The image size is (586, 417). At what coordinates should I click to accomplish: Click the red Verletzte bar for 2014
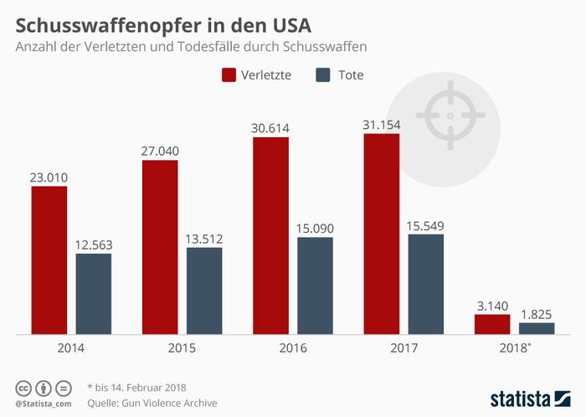49,260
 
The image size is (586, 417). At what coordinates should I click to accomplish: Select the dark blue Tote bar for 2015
204,291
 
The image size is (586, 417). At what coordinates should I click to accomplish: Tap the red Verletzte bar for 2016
270,235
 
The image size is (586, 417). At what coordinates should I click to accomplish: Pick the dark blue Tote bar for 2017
425,284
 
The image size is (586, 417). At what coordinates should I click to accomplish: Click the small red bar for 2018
492,324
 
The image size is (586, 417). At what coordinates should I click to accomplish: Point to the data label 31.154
381,124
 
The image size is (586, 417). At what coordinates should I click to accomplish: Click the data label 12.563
94,245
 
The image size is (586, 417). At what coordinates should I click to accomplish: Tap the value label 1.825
537,314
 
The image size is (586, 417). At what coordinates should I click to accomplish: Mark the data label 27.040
160,152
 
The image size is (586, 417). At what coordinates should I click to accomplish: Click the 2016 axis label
293,347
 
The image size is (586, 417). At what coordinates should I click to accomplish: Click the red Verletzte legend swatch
229,75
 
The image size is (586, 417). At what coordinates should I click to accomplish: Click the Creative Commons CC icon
24,387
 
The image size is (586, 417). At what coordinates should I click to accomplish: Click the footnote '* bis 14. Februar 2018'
136,387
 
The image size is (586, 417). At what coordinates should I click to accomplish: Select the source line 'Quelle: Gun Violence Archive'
152,403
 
